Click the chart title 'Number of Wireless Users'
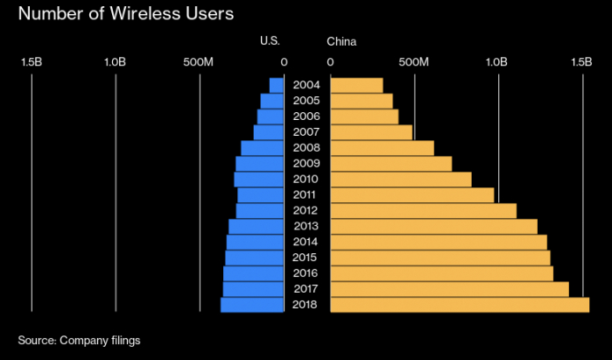(x=126, y=14)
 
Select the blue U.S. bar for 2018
(x=252, y=305)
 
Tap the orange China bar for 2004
(x=356, y=86)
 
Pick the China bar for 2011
(x=412, y=195)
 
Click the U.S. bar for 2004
(x=277, y=86)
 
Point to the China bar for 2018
(x=460, y=305)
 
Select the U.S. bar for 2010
(x=259, y=180)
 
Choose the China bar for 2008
(x=382, y=148)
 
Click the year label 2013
(x=306, y=226)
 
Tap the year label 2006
(x=306, y=116)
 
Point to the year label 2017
(x=306, y=289)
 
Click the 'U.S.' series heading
(x=270, y=40)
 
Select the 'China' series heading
(x=341, y=41)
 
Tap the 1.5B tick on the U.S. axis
(x=32, y=61)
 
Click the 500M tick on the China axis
(x=414, y=61)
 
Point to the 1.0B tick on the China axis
(x=496, y=61)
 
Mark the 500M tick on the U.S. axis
(x=198, y=61)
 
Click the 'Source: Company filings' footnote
(x=79, y=341)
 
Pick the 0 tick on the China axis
(x=330, y=61)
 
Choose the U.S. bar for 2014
(x=256, y=242)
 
